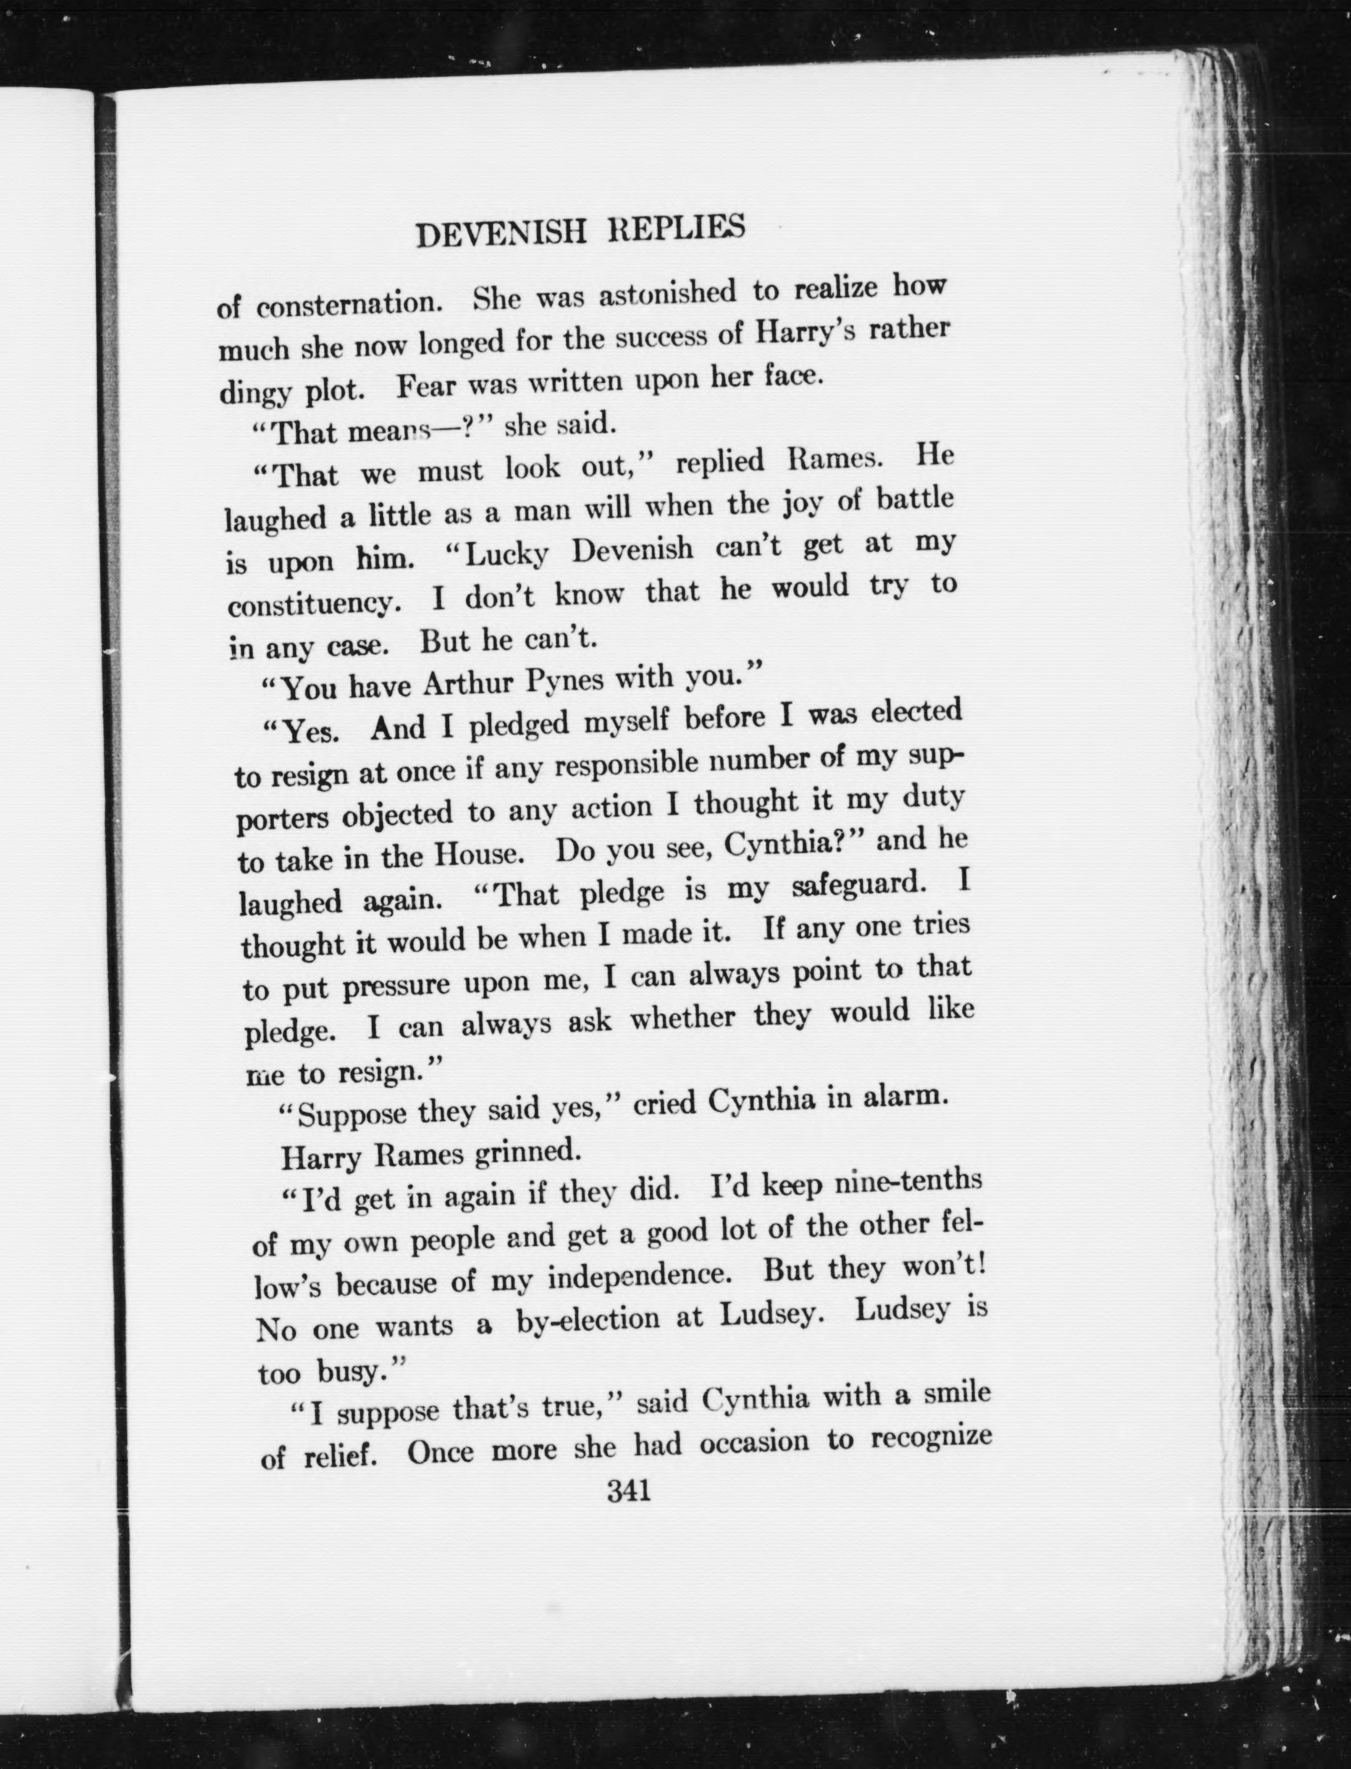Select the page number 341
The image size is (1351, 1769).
click(629, 1492)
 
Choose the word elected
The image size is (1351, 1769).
click(916, 712)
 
